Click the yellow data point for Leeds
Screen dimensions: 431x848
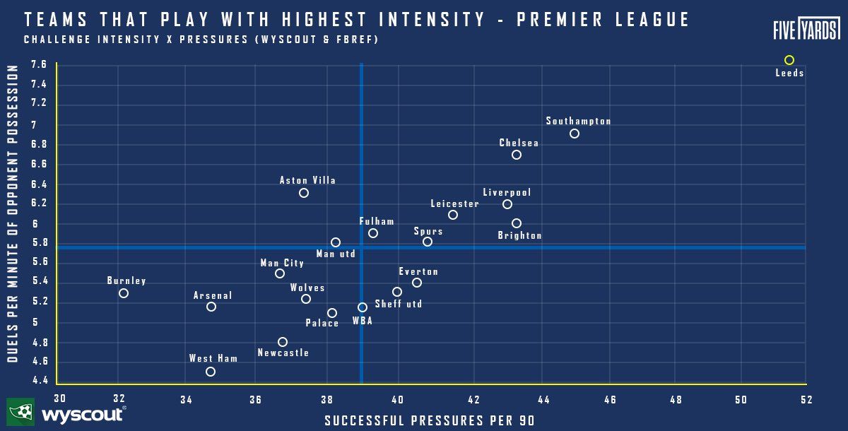[x=789, y=60]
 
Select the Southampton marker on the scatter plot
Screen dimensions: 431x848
[x=574, y=134]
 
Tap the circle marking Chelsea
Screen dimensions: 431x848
[x=516, y=155]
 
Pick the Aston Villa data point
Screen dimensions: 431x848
[x=304, y=193]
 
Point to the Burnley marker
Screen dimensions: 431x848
[x=124, y=293]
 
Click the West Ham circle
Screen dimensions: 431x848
[x=210, y=372]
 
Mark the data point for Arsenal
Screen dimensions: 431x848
[x=211, y=307]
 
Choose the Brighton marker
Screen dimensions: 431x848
[x=516, y=223]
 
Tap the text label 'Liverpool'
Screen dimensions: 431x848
[x=507, y=192]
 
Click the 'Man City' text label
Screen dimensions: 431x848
[x=282, y=264]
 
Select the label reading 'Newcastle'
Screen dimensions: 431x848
[x=283, y=353]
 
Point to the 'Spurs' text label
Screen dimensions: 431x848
[x=428, y=231]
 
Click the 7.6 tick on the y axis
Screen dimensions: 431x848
[x=39, y=64]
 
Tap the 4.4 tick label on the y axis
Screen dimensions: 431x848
[x=39, y=381]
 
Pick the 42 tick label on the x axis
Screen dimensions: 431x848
[x=473, y=400]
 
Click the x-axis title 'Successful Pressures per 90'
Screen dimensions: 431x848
[x=429, y=420]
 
